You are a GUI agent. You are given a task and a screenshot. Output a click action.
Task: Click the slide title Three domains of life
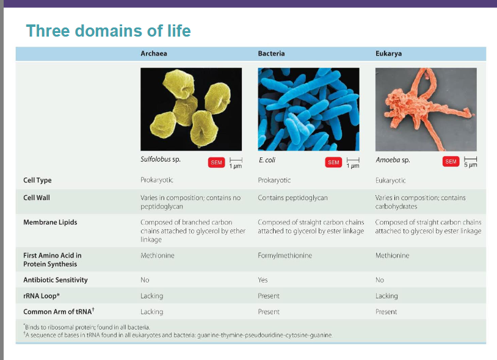(109, 31)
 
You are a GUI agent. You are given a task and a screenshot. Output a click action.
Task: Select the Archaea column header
(153, 54)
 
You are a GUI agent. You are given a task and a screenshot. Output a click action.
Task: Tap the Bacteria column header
(271, 54)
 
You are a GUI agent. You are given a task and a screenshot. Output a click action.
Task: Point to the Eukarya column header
(388, 54)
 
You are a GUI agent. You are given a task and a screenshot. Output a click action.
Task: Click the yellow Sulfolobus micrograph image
(191, 108)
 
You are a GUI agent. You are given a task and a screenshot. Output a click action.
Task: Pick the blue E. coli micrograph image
(308, 108)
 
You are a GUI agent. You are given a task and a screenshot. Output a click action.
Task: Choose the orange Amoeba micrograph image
(426, 108)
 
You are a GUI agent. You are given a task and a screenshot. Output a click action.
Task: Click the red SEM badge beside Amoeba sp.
(451, 162)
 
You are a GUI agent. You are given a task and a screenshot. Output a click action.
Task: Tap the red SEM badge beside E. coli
(333, 162)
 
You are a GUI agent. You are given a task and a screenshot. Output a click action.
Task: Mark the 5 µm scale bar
(470, 162)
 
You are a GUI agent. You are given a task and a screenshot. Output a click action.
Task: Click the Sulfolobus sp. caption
(160, 160)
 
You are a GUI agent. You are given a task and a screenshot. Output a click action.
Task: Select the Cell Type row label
(37, 181)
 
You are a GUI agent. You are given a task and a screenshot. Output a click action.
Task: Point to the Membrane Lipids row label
(50, 222)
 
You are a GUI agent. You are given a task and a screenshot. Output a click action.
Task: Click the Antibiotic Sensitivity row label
(56, 280)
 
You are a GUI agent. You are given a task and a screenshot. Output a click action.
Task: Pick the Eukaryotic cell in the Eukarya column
(390, 181)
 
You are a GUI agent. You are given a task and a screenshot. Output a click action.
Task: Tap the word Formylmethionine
(285, 256)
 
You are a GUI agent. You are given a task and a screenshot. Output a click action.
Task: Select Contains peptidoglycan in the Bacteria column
(292, 198)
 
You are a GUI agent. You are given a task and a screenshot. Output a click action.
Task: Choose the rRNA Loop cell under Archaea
(151, 296)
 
